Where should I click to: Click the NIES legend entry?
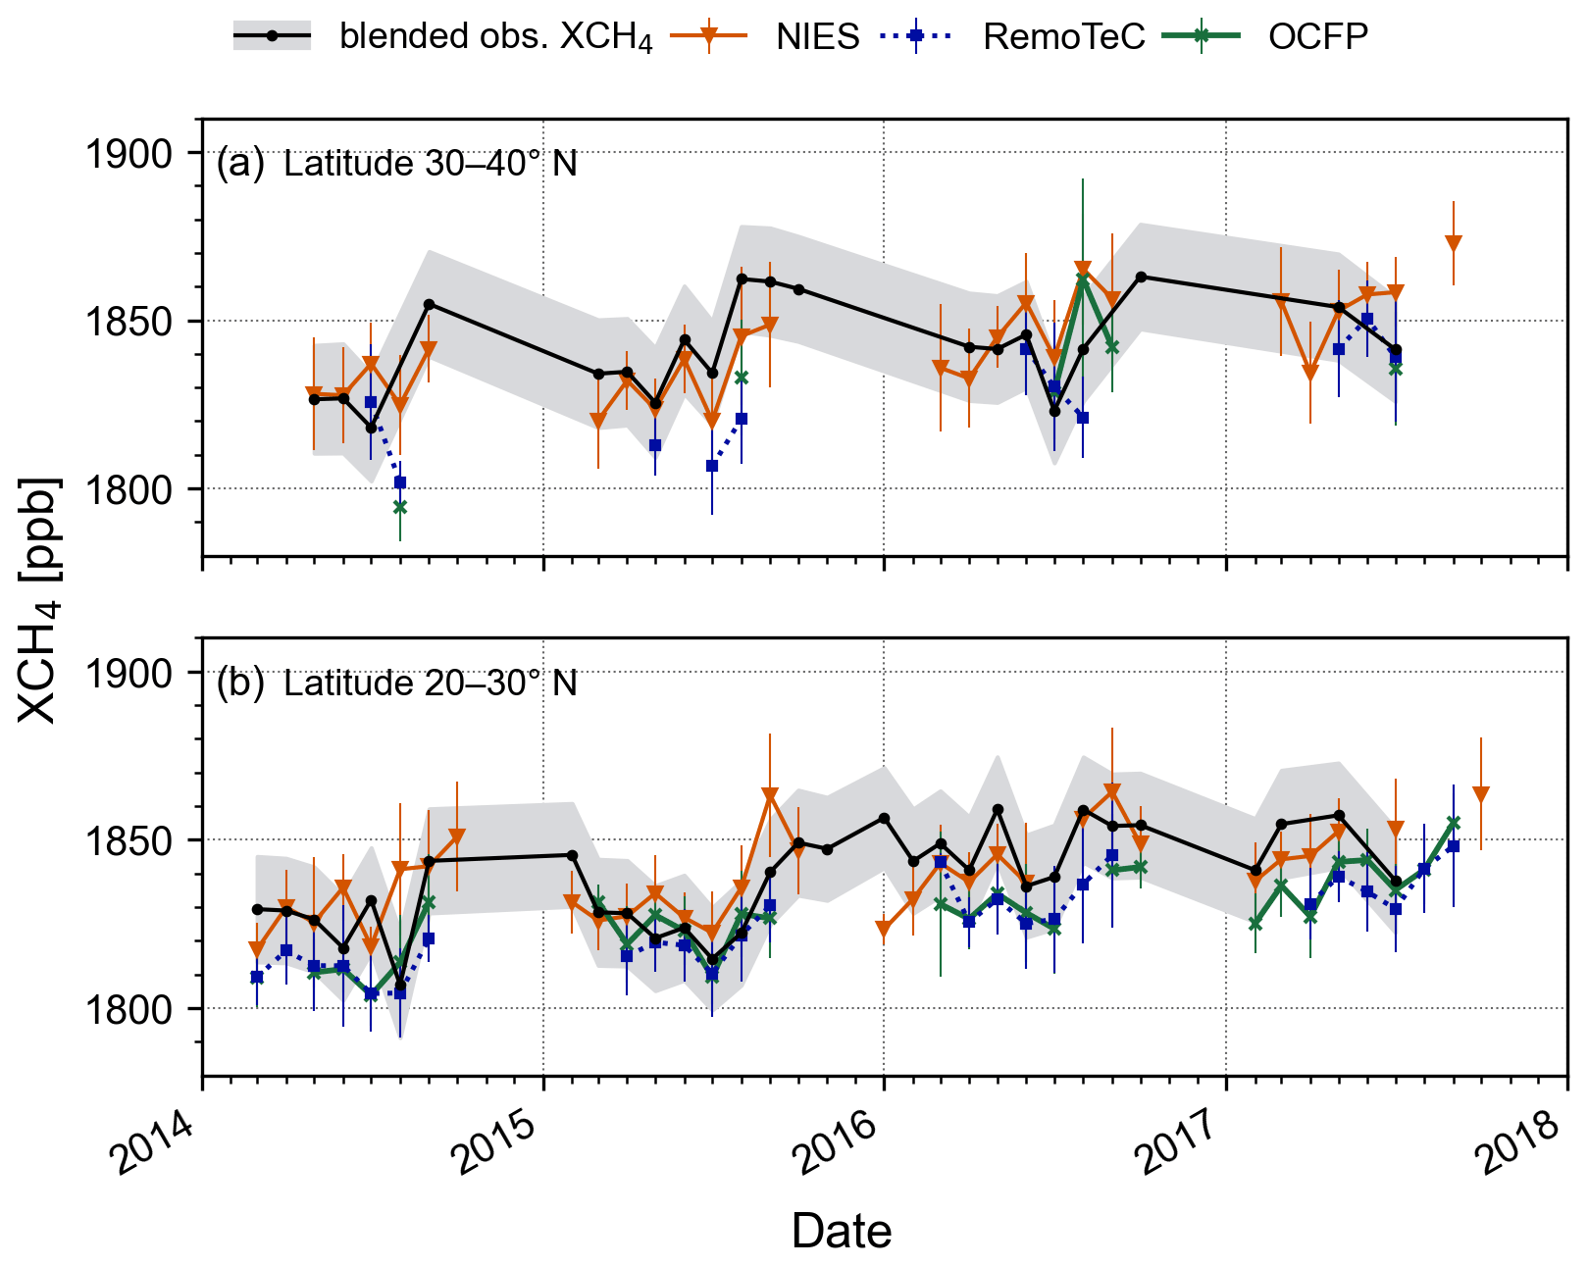pyautogui.click(x=817, y=37)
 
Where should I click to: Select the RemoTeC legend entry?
pyautogui.click(x=1063, y=37)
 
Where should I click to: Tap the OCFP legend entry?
pyautogui.click(x=1317, y=37)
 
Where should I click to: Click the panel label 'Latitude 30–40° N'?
pyautogui.click(x=430, y=164)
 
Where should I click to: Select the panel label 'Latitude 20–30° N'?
pyautogui.click(x=430, y=684)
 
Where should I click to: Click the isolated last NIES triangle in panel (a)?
pyautogui.click(x=1454, y=243)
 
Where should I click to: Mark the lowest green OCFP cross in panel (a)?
pyautogui.click(x=400, y=507)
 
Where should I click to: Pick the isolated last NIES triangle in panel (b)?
pyautogui.click(x=1481, y=794)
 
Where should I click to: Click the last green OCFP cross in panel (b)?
pyautogui.click(x=1454, y=824)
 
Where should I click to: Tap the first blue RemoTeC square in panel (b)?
pyautogui.click(x=257, y=977)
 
